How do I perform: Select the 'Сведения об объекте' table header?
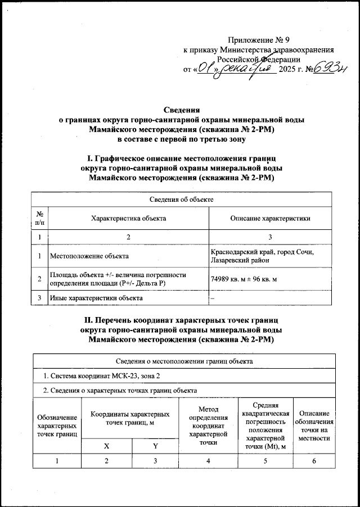click(x=181, y=200)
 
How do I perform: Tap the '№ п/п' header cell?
click(x=39, y=218)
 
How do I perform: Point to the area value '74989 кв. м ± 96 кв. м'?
click(x=247, y=279)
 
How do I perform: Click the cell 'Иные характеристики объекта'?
click(x=94, y=297)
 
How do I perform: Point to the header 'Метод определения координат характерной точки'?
click(x=208, y=425)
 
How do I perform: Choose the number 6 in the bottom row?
click(x=314, y=461)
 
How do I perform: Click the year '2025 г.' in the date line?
click(x=294, y=70)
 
